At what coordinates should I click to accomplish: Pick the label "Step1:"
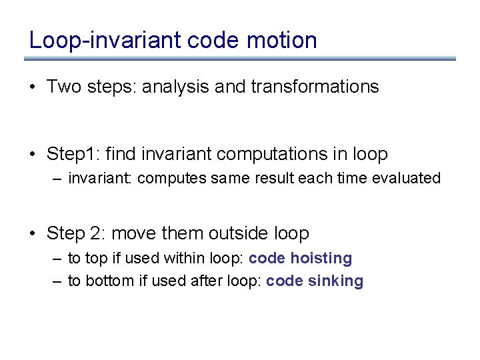click(x=73, y=155)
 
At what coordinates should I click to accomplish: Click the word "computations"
click(x=275, y=155)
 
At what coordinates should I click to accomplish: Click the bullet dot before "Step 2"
click(x=33, y=234)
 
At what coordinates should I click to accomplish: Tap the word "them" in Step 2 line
click(x=181, y=233)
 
